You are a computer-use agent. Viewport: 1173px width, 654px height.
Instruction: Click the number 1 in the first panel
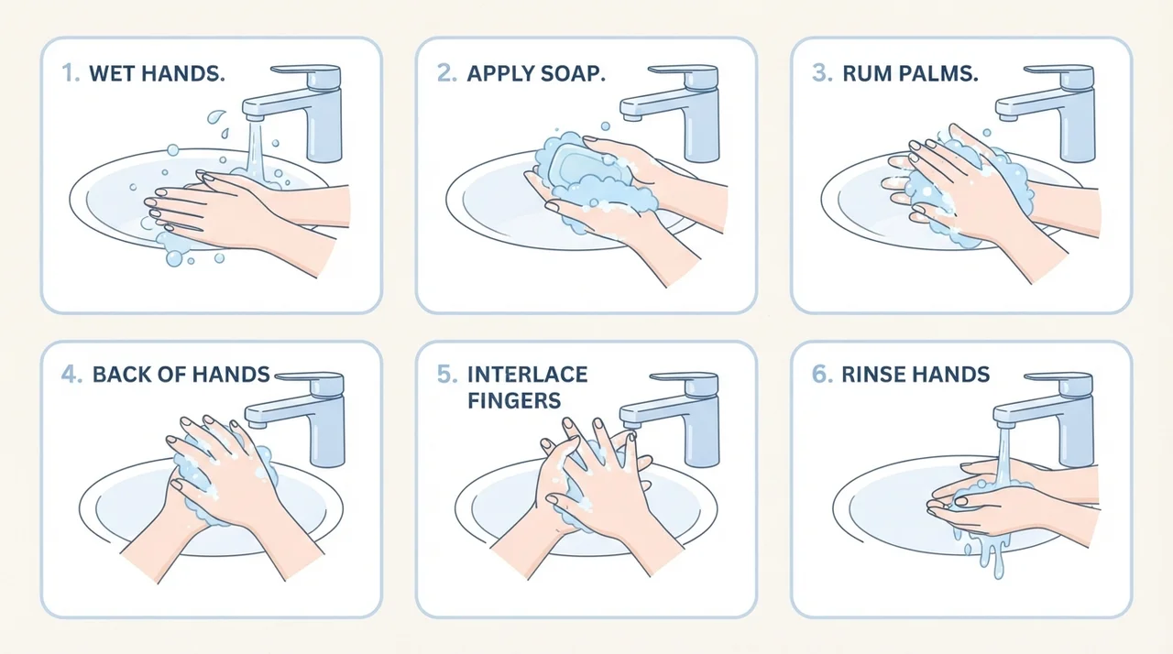tap(69, 73)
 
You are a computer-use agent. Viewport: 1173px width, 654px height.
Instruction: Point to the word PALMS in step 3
tap(937, 73)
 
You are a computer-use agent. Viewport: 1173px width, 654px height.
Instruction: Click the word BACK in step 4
tap(119, 375)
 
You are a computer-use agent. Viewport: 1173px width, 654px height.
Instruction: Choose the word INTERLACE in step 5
tap(527, 375)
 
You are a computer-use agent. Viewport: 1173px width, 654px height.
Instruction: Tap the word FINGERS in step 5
tap(514, 401)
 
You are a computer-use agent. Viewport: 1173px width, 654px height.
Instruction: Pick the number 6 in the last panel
tap(823, 375)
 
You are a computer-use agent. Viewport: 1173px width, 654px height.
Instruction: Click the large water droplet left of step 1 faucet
tap(215, 116)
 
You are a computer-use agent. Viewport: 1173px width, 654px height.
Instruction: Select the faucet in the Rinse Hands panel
tap(1044, 419)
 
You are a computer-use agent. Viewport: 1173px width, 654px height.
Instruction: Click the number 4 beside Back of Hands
tap(71, 375)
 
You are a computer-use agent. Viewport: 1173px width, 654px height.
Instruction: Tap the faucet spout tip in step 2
tap(632, 115)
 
